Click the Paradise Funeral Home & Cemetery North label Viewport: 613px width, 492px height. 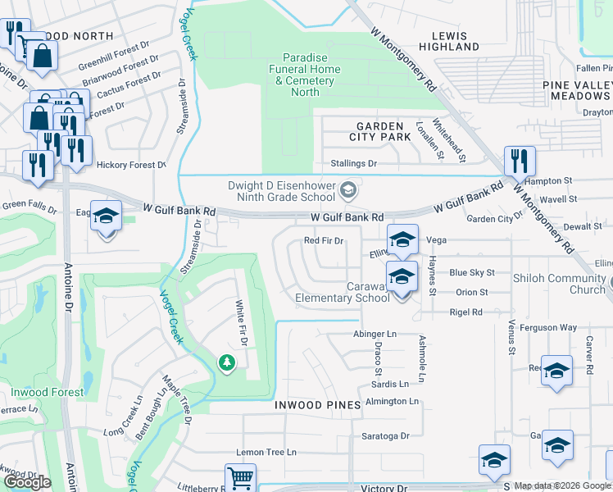(306, 75)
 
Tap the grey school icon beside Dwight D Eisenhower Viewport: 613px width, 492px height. (348, 190)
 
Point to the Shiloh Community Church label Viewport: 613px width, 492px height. (559, 284)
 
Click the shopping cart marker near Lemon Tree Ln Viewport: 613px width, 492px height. (240, 477)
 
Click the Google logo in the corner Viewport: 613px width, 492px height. (27, 482)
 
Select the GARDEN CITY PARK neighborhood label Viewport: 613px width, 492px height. (379, 131)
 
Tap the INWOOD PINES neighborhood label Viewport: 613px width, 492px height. (318, 405)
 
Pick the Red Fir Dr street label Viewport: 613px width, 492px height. (323, 241)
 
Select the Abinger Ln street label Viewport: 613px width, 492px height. (375, 335)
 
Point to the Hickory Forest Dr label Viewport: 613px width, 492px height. (130, 165)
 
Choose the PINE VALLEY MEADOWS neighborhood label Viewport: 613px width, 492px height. (578, 91)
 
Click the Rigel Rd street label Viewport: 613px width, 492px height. (465, 312)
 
